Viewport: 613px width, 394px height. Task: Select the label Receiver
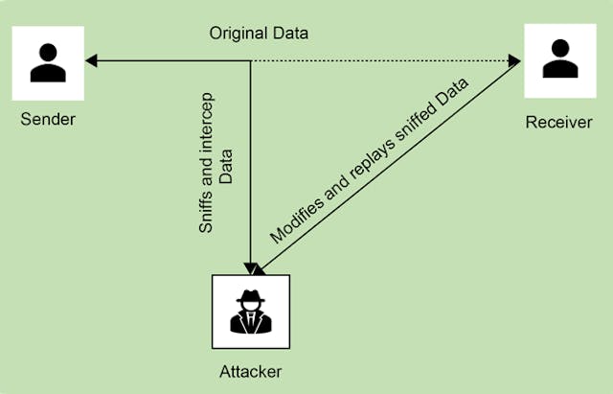(558, 123)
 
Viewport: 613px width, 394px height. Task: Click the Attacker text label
(251, 369)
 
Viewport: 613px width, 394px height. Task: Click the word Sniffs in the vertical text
(205, 213)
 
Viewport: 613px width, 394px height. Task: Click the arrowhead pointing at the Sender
(90, 61)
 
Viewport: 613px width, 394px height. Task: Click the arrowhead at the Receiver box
(515, 62)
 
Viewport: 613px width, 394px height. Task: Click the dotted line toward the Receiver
(383, 61)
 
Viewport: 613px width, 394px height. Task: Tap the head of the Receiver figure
(559, 48)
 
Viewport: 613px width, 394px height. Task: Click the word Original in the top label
(235, 35)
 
